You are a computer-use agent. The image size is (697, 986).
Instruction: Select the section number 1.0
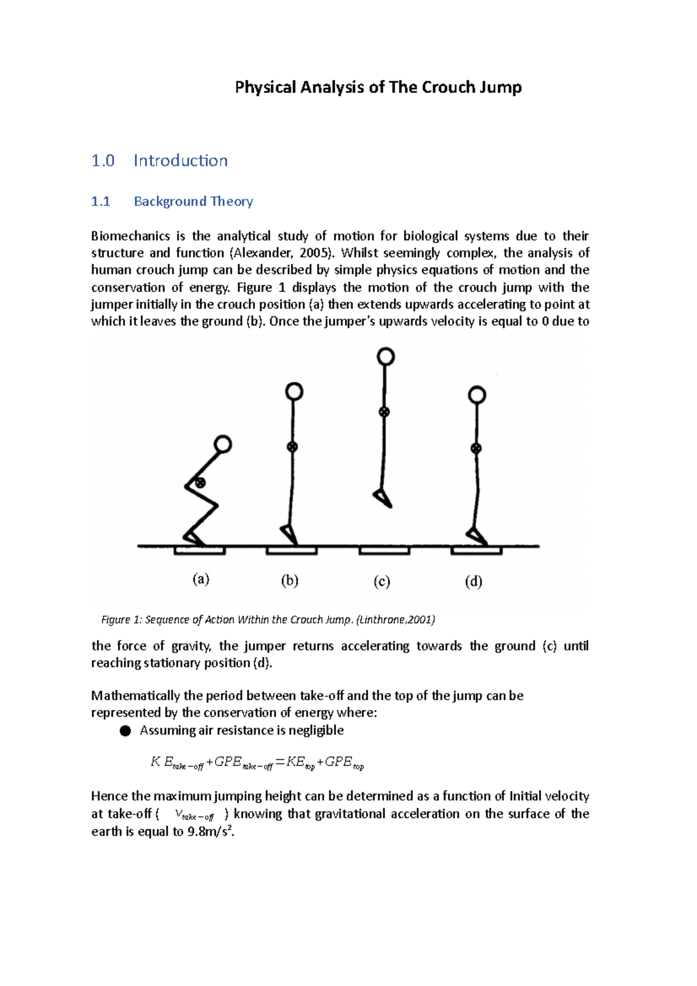point(103,160)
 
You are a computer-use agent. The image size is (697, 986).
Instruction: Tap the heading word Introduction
point(181,160)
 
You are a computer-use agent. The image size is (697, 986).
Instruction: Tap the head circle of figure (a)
point(223,445)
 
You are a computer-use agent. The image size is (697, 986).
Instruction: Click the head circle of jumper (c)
point(386,357)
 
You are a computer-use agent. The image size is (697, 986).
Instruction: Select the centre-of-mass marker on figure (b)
point(292,447)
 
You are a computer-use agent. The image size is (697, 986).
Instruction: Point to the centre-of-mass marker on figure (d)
point(476,448)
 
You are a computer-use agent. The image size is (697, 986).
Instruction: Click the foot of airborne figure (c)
point(383,498)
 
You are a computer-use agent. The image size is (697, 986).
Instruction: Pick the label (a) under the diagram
point(201,580)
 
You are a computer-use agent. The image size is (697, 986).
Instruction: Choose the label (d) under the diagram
point(473,581)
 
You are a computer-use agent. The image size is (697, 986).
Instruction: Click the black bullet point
point(125,730)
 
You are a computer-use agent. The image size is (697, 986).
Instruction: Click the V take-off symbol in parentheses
point(194,815)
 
